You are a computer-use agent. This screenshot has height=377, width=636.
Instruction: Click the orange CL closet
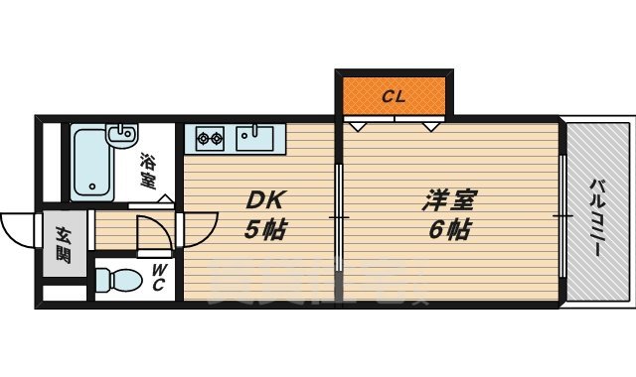pos(394,95)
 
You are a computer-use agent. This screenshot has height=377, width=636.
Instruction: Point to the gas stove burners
pos(210,137)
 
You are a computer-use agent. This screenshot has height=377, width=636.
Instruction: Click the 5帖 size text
pos(264,232)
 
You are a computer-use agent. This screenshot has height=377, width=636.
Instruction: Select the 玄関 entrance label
pos(63,244)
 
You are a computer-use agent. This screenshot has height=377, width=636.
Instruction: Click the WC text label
pos(159,279)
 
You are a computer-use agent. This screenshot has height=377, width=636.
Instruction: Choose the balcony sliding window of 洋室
pos(561,214)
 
